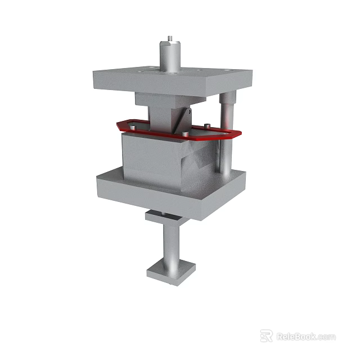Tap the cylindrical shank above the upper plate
(x=168, y=56)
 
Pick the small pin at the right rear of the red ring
(x=209, y=125)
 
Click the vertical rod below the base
(x=170, y=242)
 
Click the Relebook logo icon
(x=266, y=336)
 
